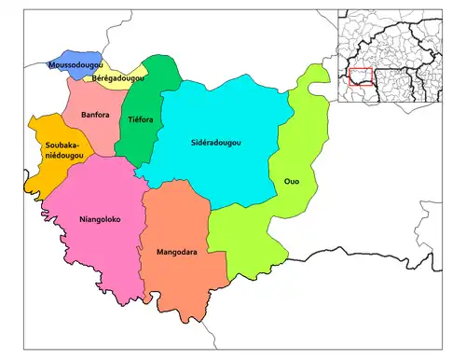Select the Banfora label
pos(96,115)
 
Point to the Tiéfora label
pos(140,119)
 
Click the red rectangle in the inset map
pos(361,77)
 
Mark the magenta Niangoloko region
pos(93,252)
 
